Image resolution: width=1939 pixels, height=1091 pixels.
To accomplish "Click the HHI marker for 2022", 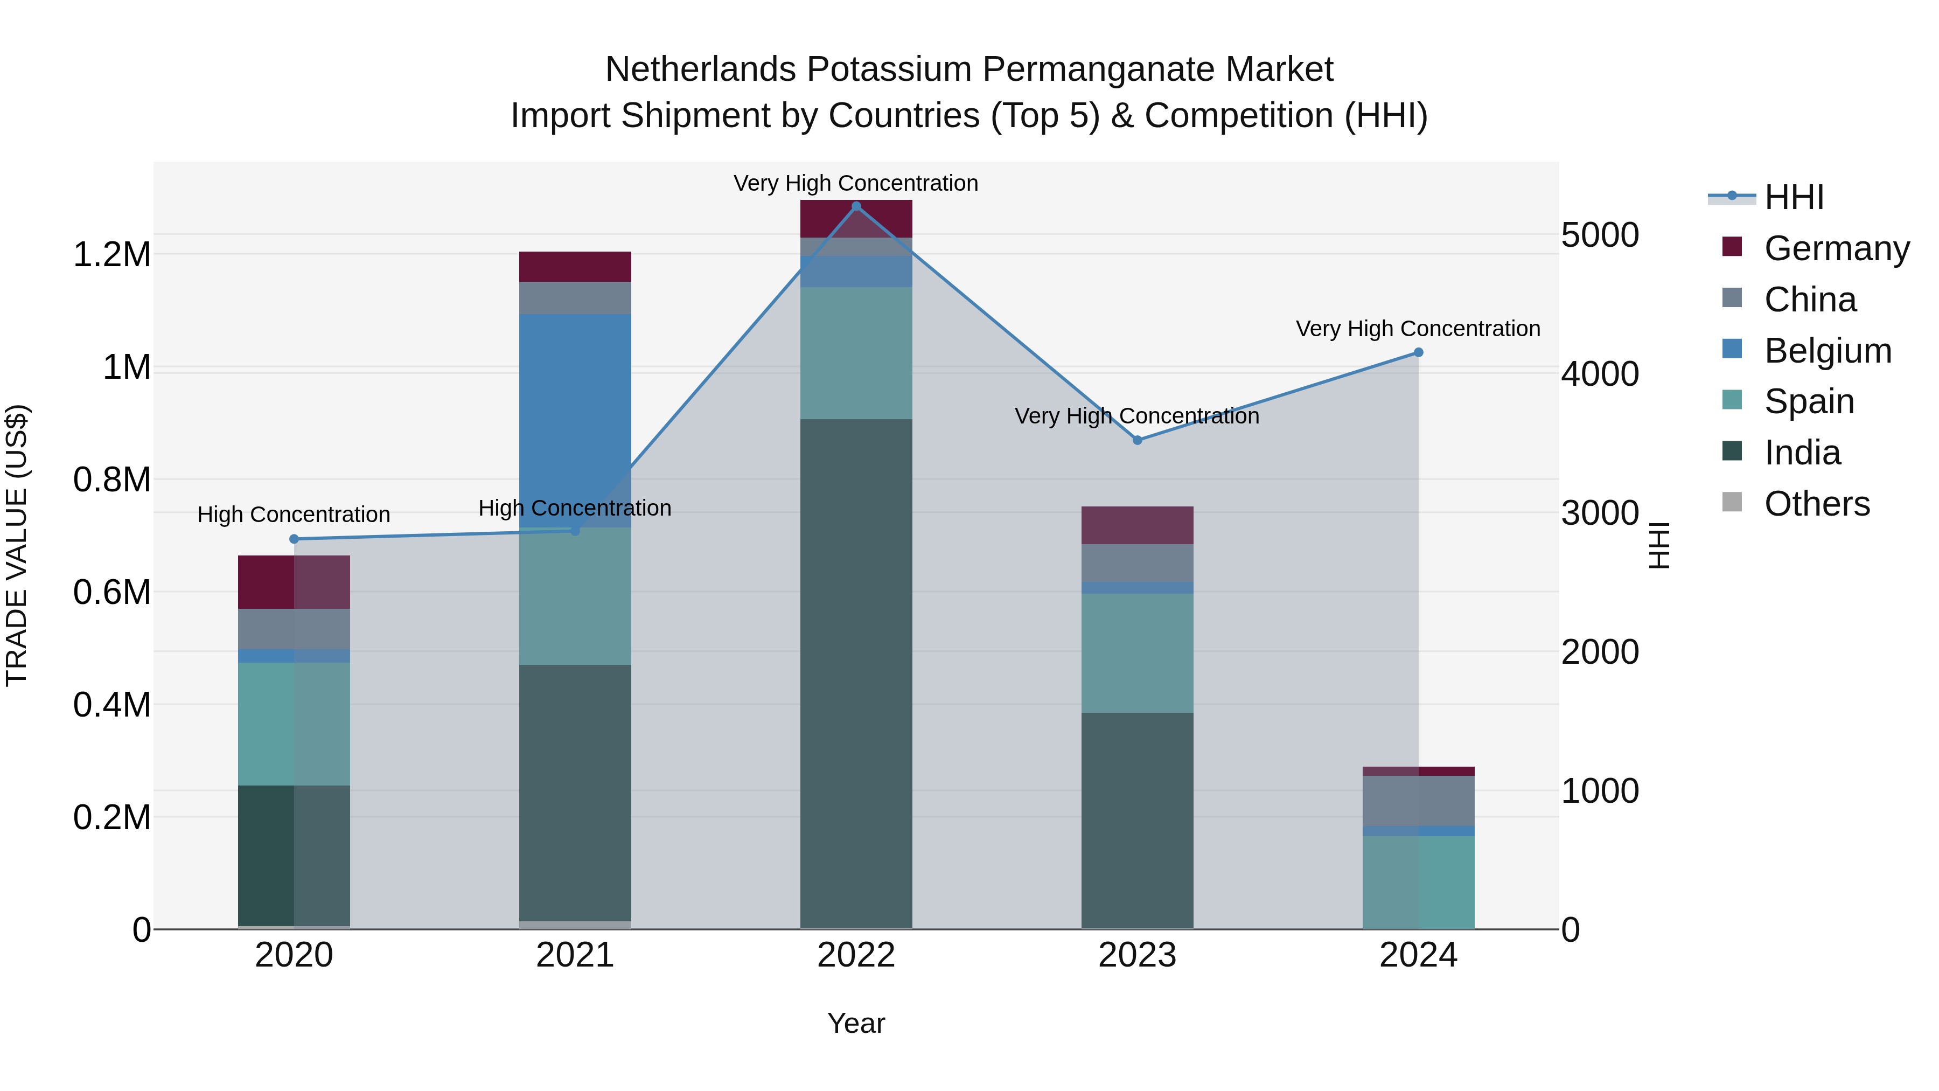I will [856, 206].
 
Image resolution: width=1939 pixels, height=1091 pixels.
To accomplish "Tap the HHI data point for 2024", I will [1418, 352].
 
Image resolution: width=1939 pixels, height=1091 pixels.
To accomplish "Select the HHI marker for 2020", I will [294, 539].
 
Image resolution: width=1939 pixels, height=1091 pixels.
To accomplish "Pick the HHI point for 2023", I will [1138, 441].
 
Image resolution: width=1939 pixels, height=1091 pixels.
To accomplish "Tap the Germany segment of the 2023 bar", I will [1138, 525].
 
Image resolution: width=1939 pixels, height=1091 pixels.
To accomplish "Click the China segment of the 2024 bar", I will [1418, 801].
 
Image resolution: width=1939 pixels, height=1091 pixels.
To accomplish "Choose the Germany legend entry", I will [1837, 248].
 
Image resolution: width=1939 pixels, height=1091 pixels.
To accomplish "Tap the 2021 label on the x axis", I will [575, 955].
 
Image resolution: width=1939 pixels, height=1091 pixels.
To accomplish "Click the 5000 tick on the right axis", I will [1600, 235].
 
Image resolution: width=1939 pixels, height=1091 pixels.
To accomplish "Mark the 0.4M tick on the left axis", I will [112, 705].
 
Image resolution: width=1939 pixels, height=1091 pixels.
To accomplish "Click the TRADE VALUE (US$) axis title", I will [17, 545].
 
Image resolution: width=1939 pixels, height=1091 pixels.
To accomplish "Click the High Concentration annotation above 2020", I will [294, 515].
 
